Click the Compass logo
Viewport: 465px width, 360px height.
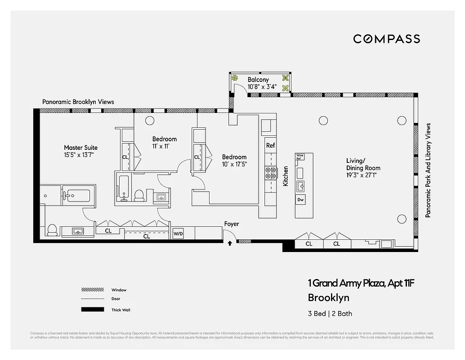[386, 39]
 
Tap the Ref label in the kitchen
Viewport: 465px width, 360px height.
[270, 145]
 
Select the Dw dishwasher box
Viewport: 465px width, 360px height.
[300, 200]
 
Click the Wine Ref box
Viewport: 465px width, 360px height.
[300, 157]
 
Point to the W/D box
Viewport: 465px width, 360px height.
[178, 234]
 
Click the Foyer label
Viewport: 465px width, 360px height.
[232, 224]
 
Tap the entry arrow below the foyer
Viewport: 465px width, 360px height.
[230, 243]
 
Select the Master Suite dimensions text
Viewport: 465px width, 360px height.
[80, 155]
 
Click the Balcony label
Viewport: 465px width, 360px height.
[258, 80]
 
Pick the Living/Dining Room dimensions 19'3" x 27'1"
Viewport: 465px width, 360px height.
[363, 175]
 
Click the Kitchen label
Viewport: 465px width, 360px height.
[285, 176]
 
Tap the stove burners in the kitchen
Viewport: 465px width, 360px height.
[271, 173]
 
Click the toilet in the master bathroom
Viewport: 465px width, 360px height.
[52, 230]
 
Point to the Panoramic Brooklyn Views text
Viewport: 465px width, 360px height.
[78, 102]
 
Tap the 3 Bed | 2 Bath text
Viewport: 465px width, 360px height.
[330, 314]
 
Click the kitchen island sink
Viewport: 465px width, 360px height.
[300, 185]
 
